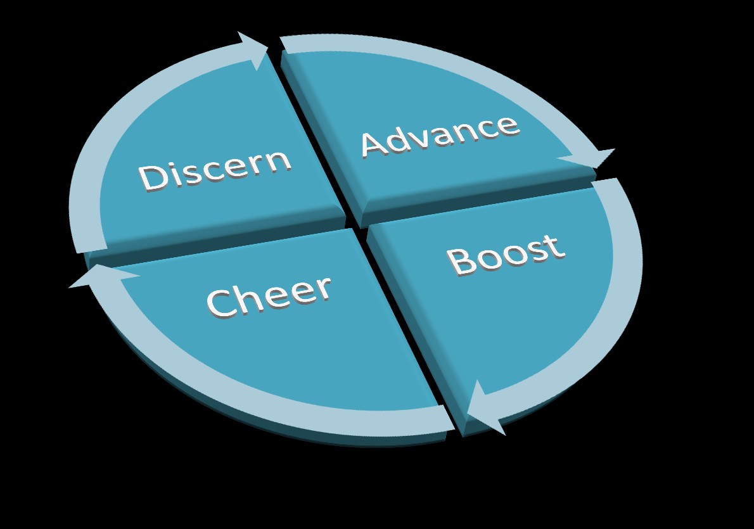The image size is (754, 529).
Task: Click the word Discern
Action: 215,169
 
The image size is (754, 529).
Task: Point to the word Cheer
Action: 269,296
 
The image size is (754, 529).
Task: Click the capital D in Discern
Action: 152,178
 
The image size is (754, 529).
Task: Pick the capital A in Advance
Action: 375,145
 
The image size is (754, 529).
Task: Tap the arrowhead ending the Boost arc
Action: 484,409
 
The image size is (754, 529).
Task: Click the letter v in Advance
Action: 426,138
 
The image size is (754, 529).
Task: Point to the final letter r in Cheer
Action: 322,288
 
